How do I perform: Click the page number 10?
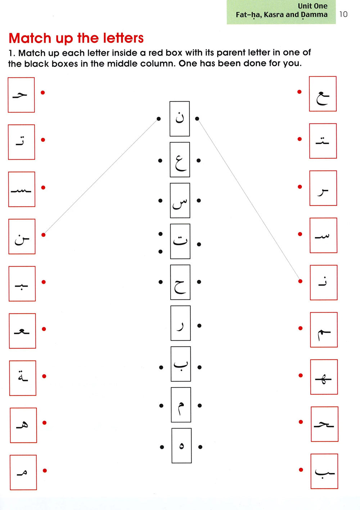click(x=343, y=14)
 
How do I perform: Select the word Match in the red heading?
click(x=30, y=38)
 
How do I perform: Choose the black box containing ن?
click(x=180, y=118)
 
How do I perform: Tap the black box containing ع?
click(x=180, y=160)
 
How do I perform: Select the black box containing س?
click(x=180, y=200)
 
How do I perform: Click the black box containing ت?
click(x=180, y=241)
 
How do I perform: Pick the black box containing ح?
click(x=180, y=282)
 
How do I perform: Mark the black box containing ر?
click(x=180, y=323)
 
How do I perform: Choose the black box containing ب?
click(x=181, y=364)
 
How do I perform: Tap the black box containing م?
click(x=181, y=404)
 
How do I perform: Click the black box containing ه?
click(x=181, y=446)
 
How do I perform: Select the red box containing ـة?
click(x=23, y=378)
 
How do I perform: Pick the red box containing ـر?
click(x=323, y=188)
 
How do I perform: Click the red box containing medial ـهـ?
click(x=324, y=377)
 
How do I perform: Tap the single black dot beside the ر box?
click(x=199, y=326)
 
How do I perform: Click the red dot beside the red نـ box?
click(x=300, y=281)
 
